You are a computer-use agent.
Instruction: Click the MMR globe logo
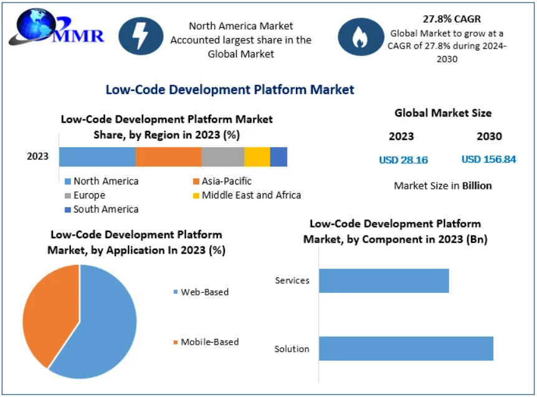39,29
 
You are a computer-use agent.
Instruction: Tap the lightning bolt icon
141,36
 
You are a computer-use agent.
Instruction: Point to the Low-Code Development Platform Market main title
230,90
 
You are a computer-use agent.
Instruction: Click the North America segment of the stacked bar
97,157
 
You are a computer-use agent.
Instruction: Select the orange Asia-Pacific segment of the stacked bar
168,157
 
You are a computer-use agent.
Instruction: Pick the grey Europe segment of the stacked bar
222,157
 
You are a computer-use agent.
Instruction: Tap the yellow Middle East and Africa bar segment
257,157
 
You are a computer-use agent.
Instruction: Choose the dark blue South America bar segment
278,157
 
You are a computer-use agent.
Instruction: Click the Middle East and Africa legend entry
247,195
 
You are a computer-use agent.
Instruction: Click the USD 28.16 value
403,160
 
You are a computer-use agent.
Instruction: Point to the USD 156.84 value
488,160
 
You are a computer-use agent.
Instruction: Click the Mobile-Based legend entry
206,342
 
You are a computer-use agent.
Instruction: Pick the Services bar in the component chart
384,280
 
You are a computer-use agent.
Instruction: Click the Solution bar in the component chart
406,348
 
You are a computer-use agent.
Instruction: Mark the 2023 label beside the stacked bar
37,156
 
